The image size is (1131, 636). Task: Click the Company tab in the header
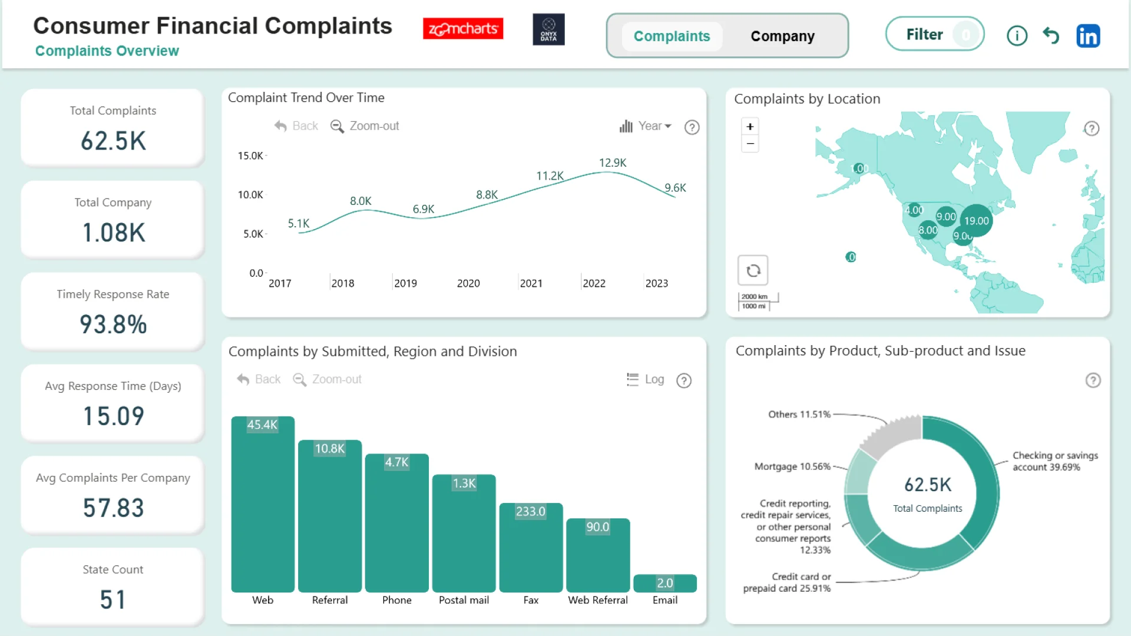(x=782, y=37)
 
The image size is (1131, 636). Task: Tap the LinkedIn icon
(x=1088, y=36)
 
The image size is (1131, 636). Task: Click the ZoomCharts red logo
(x=463, y=28)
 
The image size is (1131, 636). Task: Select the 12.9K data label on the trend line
(x=613, y=163)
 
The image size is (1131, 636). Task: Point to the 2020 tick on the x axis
(x=468, y=283)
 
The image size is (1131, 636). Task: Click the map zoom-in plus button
(x=750, y=127)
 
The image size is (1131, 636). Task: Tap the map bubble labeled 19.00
(x=976, y=221)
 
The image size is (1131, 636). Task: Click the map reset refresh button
(x=753, y=270)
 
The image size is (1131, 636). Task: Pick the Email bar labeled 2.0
(x=665, y=583)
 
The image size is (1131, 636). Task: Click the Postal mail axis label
(x=464, y=600)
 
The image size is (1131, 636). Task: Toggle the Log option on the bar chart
(x=646, y=380)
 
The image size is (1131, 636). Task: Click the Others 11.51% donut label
(x=799, y=415)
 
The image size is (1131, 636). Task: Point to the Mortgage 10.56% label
(x=792, y=466)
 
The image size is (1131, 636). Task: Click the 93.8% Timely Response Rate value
(x=113, y=324)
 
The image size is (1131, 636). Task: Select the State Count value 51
(x=113, y=600)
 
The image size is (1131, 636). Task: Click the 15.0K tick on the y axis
(x=250, y=156)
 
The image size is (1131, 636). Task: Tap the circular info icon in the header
(x=1017, y=36)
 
